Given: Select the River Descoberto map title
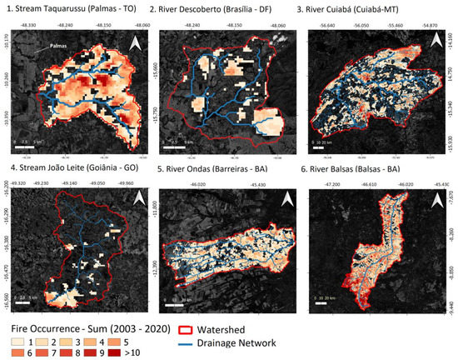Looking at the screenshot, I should click(x=213, y=7).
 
